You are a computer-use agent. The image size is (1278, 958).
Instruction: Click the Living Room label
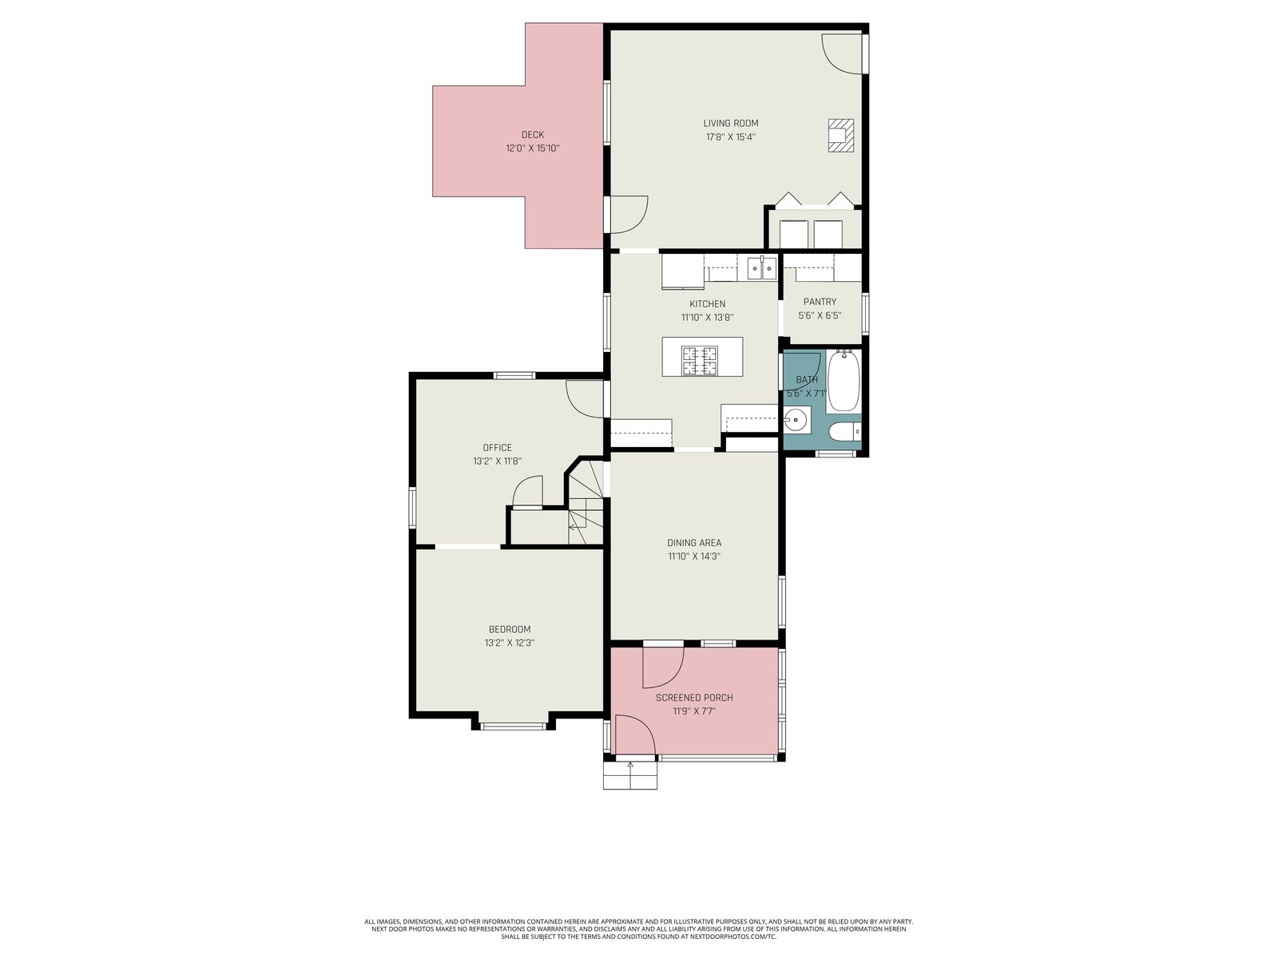click(730, 123)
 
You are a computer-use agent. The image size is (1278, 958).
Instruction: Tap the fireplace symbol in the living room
click(841, 136)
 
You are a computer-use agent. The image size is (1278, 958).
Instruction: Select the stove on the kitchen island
click(700, 360)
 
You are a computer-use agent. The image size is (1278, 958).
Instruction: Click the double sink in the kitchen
click(762, 268)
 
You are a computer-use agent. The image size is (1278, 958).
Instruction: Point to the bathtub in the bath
click(843, 381)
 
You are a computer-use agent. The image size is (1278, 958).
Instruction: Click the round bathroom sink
click(796, 419)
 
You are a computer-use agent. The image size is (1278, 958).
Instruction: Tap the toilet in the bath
click(845, 432)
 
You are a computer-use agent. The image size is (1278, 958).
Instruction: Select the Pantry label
click(820, 302)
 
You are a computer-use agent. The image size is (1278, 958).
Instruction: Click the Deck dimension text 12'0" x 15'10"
click(533, 148)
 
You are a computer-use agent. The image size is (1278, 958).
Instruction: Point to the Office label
click(498, 448)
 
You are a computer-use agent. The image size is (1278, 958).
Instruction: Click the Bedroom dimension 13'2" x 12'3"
click(510, 643)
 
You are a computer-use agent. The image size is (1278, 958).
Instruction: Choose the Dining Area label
click(694, 543)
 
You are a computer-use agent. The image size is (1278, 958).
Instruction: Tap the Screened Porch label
click(694, 698)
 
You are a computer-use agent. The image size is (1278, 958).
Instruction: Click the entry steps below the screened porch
click(630, 775)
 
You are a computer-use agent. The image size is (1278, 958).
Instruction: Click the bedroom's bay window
click(514, 726)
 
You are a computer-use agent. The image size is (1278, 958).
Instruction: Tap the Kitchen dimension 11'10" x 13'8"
click(708, 318)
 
